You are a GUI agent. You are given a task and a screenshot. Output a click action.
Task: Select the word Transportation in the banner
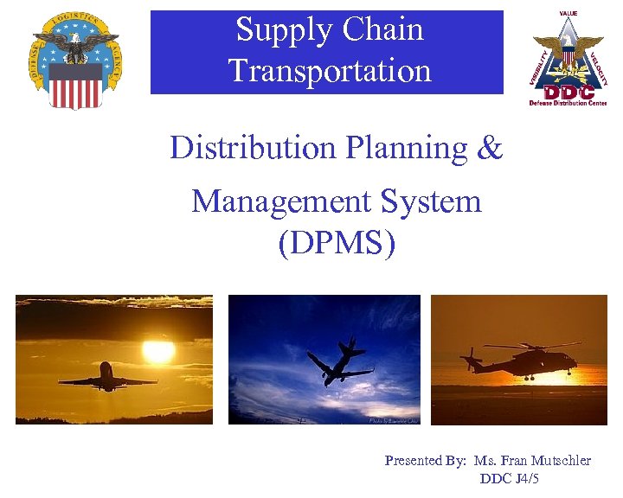tap(330, 71)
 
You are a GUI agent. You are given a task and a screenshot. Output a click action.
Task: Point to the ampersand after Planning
tap(489, 148)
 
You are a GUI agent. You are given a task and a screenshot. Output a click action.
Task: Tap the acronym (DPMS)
tap(337, 243)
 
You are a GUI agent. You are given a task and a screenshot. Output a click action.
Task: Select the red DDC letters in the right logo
tap(568, 91)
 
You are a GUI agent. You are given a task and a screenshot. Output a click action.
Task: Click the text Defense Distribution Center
tap(568, 103)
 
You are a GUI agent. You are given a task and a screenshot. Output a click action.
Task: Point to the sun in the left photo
tap(158, 351)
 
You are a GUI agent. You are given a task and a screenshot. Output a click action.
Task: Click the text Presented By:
tap(425, 461)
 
